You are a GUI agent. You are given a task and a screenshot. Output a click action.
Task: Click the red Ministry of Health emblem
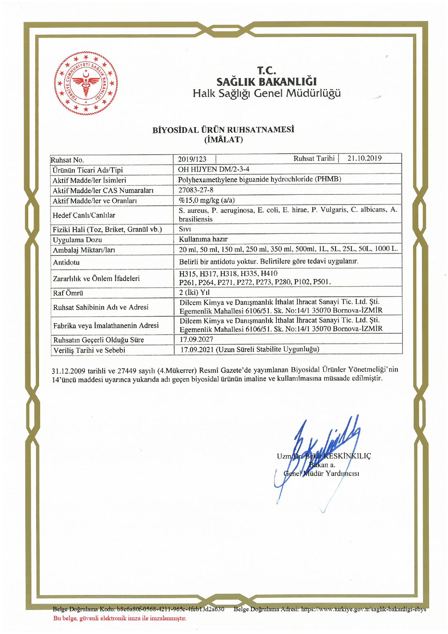(x=86, y=83)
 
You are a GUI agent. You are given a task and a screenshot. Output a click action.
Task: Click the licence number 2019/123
(x=192, y=159)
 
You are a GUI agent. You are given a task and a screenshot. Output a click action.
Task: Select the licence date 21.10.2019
(x=364, y=158)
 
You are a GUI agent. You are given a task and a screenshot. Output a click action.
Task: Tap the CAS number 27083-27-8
(x=196, y=190)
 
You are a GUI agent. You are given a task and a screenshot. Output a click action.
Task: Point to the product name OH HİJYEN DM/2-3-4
(x=214, y=169)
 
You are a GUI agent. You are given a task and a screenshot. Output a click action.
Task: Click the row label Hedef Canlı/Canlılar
(x=84, y=215)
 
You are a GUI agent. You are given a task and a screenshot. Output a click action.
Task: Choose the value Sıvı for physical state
(x=185, y=229)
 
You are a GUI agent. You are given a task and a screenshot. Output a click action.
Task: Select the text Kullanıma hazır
(x=203, y=239)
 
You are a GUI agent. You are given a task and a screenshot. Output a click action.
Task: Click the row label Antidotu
(x=66, y=262)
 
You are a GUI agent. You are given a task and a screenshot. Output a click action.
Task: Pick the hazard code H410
(x=269, y=274)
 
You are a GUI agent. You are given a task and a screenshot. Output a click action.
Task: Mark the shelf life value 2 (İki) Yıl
(x=194, y=292)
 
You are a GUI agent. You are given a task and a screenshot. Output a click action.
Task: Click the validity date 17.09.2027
(x=196, y=339)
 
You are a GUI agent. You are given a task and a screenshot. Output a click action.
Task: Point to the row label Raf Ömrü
(x=68, y=293)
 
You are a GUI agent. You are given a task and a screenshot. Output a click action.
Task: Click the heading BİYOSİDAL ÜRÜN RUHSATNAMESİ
(x=223, y=130)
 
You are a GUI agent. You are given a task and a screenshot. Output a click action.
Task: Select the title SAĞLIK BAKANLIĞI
(x=266, y=81)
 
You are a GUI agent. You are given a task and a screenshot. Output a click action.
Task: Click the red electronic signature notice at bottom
(x=120, y=618)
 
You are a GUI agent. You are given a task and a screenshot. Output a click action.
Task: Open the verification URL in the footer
(x=363, y=609)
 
